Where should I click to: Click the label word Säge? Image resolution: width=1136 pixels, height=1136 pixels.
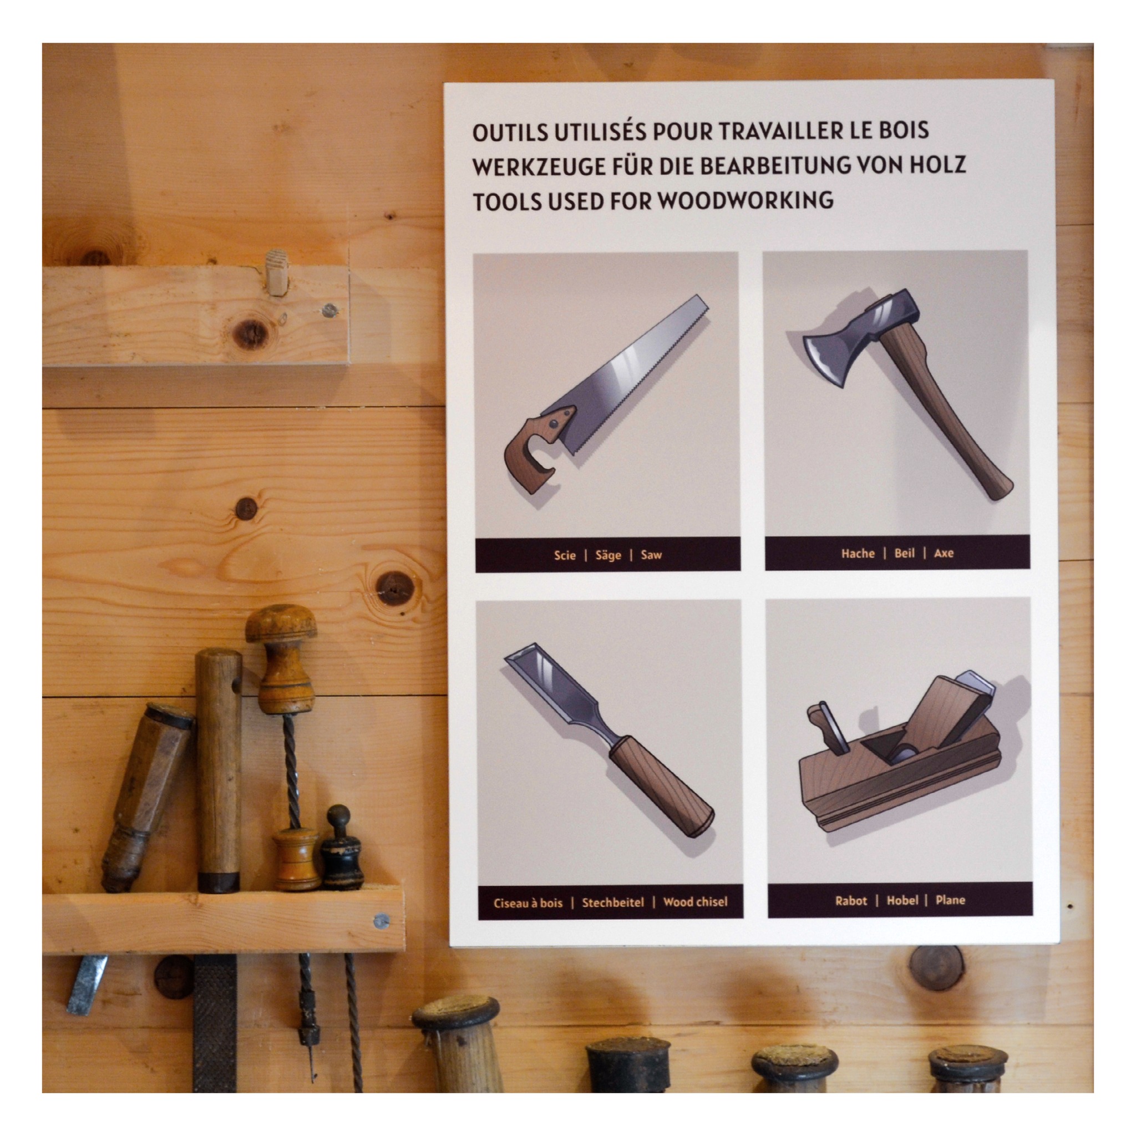608,555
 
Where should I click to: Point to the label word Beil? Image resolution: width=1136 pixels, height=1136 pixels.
904,553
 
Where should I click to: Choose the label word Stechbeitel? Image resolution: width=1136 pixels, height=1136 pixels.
613,902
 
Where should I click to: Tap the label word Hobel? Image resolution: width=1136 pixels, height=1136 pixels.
902,900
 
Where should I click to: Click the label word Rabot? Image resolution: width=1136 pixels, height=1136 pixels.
851,901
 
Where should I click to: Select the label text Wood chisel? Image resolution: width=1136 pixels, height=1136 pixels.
695,902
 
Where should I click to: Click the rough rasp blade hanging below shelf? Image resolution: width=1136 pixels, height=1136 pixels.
215,1015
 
